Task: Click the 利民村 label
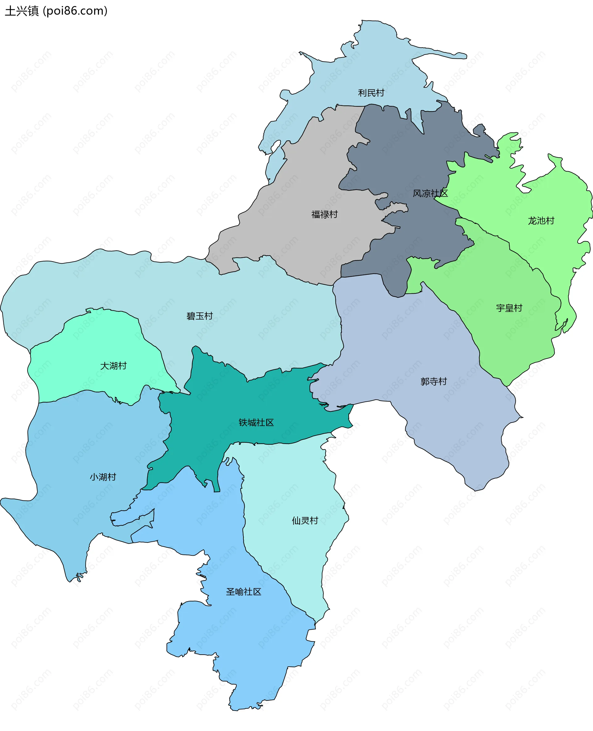371,93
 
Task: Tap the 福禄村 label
324,215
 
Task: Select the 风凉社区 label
430,193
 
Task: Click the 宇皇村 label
509,308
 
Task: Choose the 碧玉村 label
200,316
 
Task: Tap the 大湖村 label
113,366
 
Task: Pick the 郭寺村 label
434,381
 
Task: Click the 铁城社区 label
256,423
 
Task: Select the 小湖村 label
103,477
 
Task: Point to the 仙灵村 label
305,521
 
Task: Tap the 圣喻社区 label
244,592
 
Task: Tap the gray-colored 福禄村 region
307,178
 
